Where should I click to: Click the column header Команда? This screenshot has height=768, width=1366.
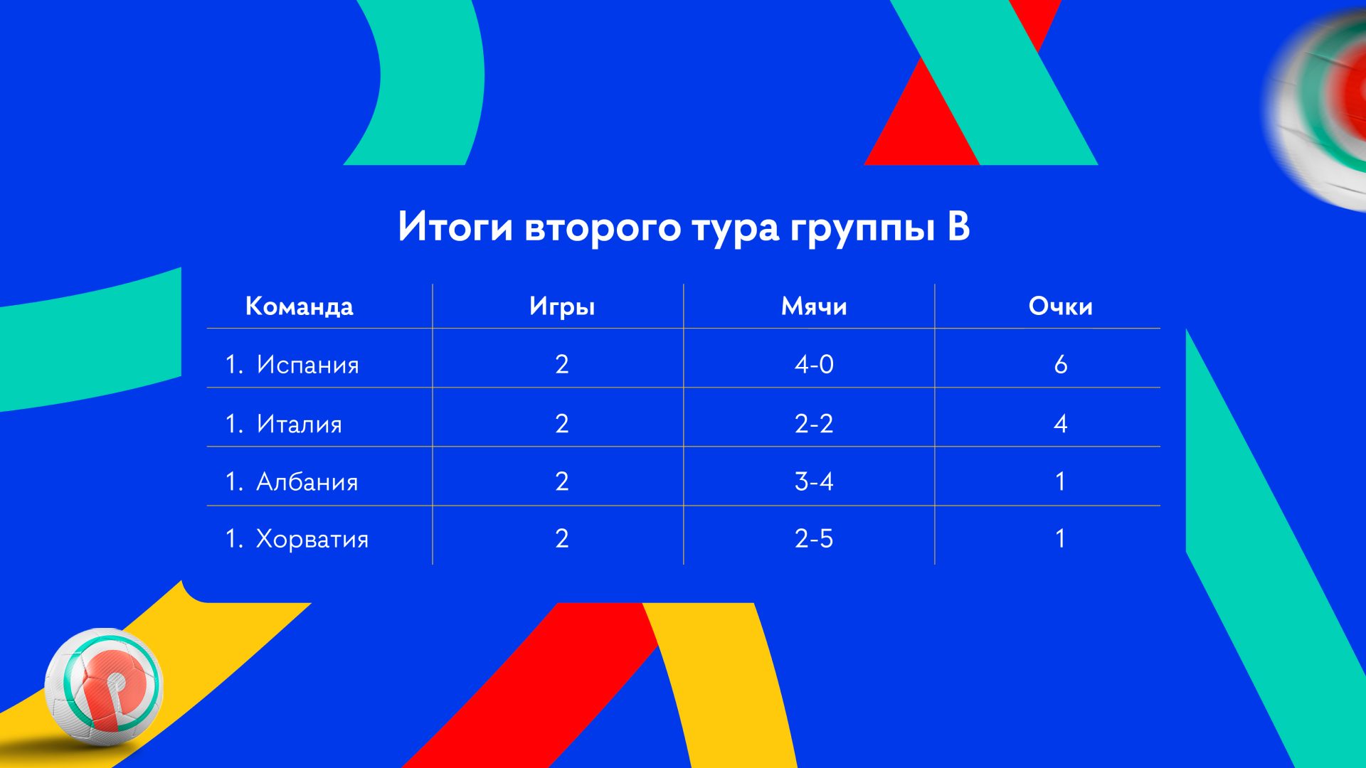pyautogui.click(x=299, y=306)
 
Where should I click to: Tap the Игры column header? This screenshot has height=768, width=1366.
pyautogui.click(x=562, y=307)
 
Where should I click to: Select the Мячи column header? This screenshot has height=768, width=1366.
pyautogui.click(x=814, y=306)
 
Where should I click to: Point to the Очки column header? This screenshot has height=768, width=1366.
pyautogui.click(x=1060, y=306)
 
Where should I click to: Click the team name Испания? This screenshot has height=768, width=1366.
pyautogui.click(x=307, y=365)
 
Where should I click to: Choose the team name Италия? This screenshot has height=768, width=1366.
pyautogui.click(x=299, y=424)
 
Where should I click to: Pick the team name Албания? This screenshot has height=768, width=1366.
pyautogui.click(x=307, y=481)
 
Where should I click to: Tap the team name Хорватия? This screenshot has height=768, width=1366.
pyautogui.click(x=312, y=539)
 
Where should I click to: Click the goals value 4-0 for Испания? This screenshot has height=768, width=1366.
pyautogui.click(x=814, y=364)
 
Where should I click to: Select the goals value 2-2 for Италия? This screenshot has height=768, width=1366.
pyautogui.click(x=814, y=424)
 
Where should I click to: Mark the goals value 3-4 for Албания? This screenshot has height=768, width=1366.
pyautogui.click(x=814, y=481)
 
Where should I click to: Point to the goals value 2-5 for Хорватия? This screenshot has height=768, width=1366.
pyautogui.click(x=814, y=538)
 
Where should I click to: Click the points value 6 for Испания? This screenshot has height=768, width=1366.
pyautogui.click(x=1061, y=364)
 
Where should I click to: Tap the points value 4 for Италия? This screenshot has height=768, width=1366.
pyautogui.click(x=1061, y=424)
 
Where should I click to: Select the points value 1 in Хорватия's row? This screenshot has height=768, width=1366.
pyautogui.click(x=1061, y=538)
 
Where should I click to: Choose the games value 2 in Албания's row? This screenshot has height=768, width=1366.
pyautogui.click(x=562, y=481)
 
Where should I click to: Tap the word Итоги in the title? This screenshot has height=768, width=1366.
pyautogui.click(x=455, y=226)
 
